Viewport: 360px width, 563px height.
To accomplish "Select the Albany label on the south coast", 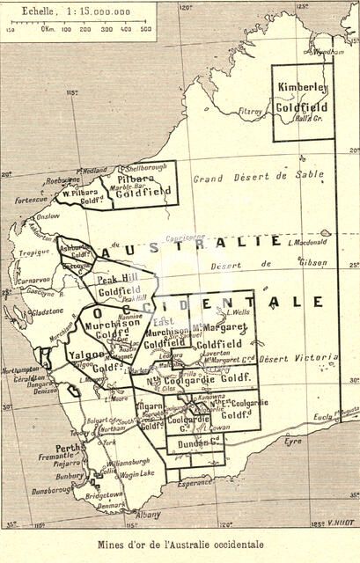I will tap(149, 515).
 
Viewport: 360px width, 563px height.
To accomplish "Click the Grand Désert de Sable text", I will tap(258, 176).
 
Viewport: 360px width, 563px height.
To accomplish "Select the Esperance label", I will tap(195, 482).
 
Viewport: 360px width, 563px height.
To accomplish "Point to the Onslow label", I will tap(48, 216).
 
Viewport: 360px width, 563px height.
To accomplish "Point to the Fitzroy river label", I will tap(251, 112).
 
